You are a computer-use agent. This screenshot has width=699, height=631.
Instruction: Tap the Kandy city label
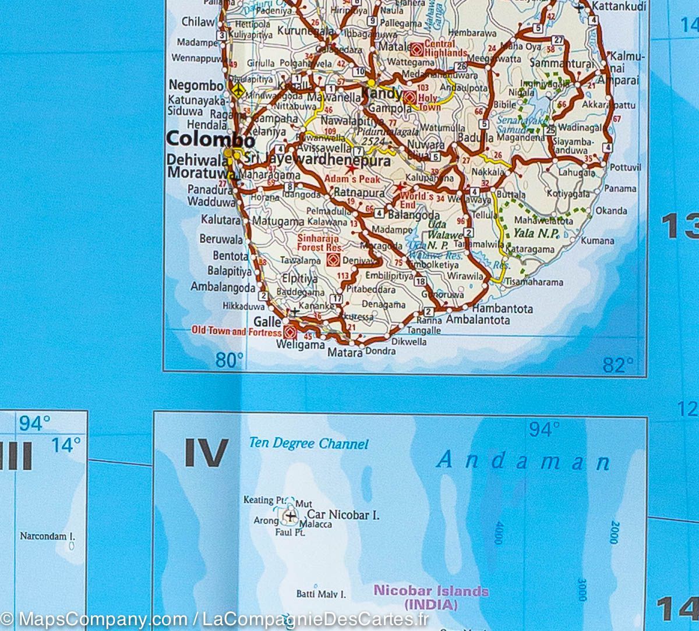click(382, 94)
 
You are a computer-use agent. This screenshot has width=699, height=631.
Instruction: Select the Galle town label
click(267, 321)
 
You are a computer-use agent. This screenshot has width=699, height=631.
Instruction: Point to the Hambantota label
click(503, 309)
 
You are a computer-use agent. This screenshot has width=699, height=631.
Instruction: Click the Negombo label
click(196, 85)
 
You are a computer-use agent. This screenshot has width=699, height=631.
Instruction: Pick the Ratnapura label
click(359, 193)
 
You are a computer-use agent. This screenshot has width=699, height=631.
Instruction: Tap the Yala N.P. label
click(536, 234)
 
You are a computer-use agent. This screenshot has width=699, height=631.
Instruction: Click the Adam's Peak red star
click(352, 169)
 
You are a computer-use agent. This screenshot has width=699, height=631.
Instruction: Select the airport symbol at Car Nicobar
click(290, 515)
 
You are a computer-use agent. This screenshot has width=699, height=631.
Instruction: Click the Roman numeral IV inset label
click(206, 453)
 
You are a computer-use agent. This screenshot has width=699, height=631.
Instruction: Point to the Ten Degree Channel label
click(309, 444)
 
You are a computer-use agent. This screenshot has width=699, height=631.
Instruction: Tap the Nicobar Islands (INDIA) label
click(430, 597)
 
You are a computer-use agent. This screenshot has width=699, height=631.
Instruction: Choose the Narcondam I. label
click(48, 536)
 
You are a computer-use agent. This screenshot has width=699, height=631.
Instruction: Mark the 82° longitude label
click(617, 365)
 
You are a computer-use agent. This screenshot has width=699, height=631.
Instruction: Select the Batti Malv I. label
click(321, 594)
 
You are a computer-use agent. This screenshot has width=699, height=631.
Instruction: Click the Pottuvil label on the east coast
click(625, 168)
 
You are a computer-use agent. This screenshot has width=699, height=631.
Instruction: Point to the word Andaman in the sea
click(523, 461)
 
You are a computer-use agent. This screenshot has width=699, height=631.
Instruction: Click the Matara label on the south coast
click(341, 352)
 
